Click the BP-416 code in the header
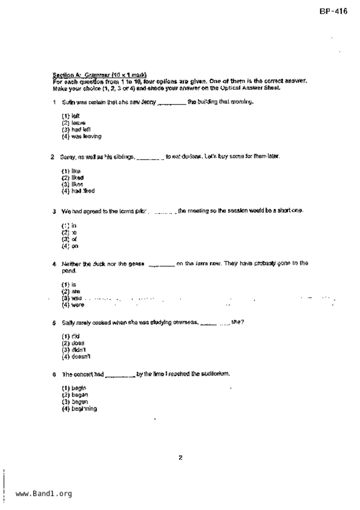click(333, 11)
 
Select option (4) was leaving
click(82, 136)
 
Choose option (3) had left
click(76, 130)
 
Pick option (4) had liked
click(78, 191)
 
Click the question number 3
click(54, 211)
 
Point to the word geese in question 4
click(136, 264)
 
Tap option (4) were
click(73, 305)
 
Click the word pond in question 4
click(69, 271)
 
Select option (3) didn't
click(74, 350)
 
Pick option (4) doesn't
click(76, 357)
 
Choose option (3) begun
click(75, 402)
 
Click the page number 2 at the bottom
click(180, 458)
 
